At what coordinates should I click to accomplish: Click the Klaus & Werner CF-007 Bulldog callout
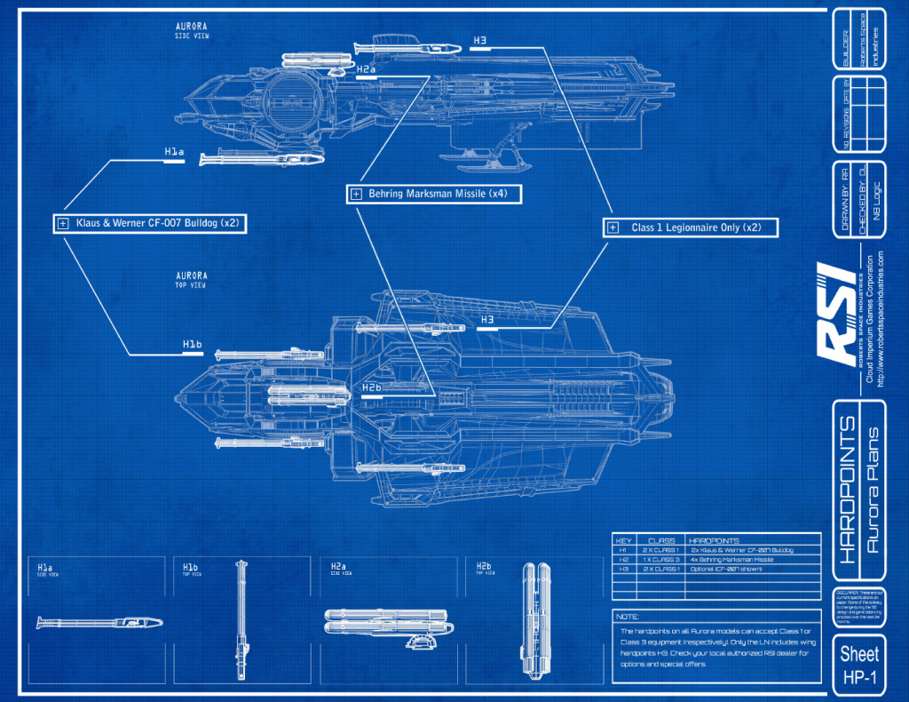(x=149, y=223)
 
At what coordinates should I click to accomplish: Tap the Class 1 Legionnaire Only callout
(x=691, y=227)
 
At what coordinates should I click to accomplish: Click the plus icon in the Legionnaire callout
(x=613, y=228)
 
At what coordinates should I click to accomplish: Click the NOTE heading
(x=627, y=617)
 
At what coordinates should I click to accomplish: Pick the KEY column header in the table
(x=623, y=540)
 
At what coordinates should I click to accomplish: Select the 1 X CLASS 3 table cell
(x=662, y=560)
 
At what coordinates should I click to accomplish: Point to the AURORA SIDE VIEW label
(x=191, y=29)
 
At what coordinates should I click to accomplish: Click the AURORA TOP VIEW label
(x=191, y=279)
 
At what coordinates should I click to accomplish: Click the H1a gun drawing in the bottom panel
(x=99, y=622)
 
